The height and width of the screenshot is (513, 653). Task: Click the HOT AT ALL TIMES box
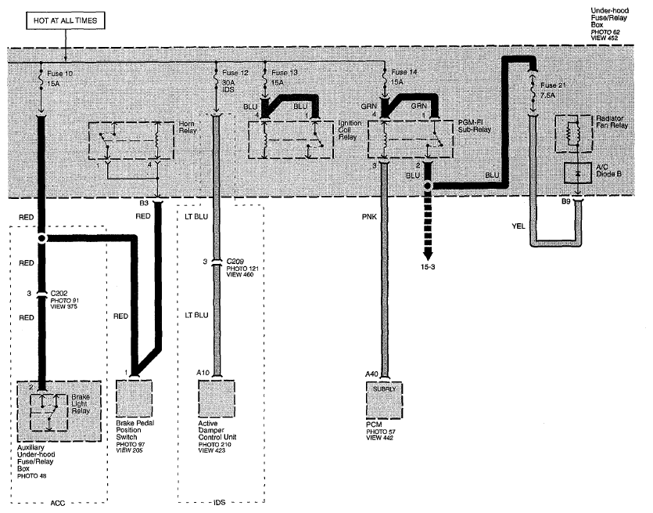click(66, 20)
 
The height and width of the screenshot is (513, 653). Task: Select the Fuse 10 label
click(59, 74)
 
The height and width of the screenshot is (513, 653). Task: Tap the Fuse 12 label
click(235, 73)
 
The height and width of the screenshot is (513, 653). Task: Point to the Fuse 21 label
click(554, 85)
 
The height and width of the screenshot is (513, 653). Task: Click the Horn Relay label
click(188, 127)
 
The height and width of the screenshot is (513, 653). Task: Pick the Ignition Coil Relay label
click(350, 130)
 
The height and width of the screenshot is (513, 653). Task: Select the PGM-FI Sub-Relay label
click(475, 126)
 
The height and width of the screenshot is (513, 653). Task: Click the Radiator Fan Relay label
click(612, 121)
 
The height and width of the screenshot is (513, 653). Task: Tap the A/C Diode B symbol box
click(578, 173)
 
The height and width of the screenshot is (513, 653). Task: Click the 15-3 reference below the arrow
click(428, 266)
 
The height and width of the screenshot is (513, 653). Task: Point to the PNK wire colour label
click(369, 216)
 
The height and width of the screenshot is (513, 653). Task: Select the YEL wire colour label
click(518, 226)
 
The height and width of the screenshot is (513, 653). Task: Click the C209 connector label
click(235, 262)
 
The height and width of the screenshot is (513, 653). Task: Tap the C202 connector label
click(59, 293)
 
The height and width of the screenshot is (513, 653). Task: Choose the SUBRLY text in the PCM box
click(385, 389)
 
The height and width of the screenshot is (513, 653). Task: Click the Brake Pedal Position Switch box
click(134, 399)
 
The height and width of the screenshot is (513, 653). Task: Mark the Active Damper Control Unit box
click(217, 399)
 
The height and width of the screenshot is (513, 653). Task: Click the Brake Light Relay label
click(81, 403)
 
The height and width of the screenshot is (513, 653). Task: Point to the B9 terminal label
click(565, 201)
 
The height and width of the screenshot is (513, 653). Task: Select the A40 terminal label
click(371, 374)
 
